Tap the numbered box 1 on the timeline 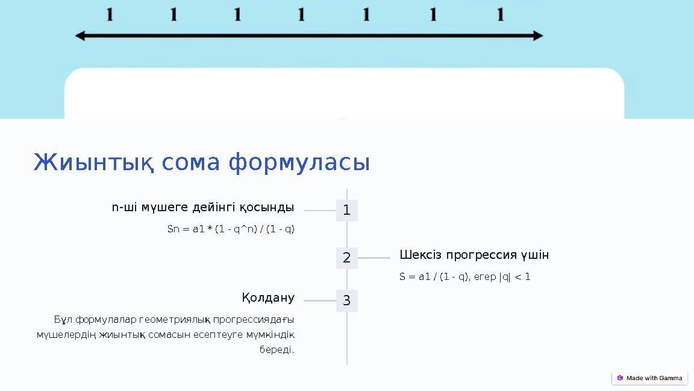point(346,211)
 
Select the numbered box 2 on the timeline point(346,258)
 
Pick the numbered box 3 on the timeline point(346,300)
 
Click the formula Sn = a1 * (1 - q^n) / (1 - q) point(231,229)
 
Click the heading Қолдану point(268,298)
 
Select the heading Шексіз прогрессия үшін point(474,255)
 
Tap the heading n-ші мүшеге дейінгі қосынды point(203,208)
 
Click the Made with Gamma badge point(649,378)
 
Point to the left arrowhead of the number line point(80,36)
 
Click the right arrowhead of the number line point(538,36)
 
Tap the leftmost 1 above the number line point(110,14)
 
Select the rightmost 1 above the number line point(500,14)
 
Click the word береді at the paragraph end point(277,350)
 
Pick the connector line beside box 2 point(374,258)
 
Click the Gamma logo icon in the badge point(620,378)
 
